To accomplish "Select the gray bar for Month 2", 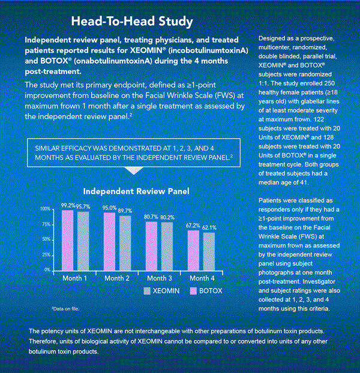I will [x=125, y=243].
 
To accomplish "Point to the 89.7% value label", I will [x=125, y=211].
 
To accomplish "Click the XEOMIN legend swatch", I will [x=148, y=291].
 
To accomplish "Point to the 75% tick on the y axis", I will [x=46, y=224].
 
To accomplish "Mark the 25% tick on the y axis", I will [x=46, y=255].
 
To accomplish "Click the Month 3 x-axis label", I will [x=160, y=278].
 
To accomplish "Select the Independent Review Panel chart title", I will [x=136, y=191].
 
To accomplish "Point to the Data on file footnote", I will [x=65, y=308].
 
